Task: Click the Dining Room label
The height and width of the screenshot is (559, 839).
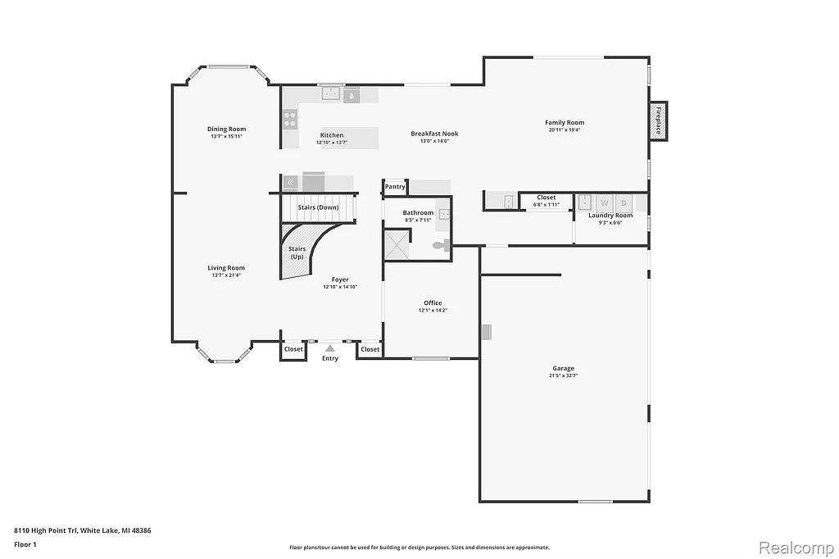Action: tap(226, 129)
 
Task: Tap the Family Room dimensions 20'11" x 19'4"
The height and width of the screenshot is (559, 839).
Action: tap(565, 130)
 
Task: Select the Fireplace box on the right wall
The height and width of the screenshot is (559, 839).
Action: tap(657, 120)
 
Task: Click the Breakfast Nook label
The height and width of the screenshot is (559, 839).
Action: tap(434, 134)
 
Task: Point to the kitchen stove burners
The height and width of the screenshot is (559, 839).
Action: tap(289, 120)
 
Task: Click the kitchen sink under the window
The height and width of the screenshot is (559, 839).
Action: tap(331, 94)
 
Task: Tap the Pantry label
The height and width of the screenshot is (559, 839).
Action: tap(395, 187)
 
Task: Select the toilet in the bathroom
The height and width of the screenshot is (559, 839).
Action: tap(440, 244)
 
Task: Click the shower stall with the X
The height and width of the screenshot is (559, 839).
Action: tap(397, 243)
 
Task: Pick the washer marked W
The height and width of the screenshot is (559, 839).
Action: tap(605, 202)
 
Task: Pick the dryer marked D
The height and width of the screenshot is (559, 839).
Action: tap(624, 202)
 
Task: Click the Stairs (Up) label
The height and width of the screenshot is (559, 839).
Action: tap(297, 252)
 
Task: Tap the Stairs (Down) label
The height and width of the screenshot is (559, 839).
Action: tap(318, 207)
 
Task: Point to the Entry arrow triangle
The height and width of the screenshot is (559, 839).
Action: tap(330, 348)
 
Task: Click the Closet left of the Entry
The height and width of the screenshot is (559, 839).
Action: tap(293, 349)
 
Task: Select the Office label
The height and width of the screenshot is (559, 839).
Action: tap(433, 302)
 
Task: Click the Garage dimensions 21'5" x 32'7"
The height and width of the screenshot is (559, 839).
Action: tap(563, 375)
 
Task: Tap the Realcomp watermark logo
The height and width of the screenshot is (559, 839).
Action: tap(794, 547)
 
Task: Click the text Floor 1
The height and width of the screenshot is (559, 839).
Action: tap(26, 543)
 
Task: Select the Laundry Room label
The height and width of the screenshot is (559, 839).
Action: tap(610, 215)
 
